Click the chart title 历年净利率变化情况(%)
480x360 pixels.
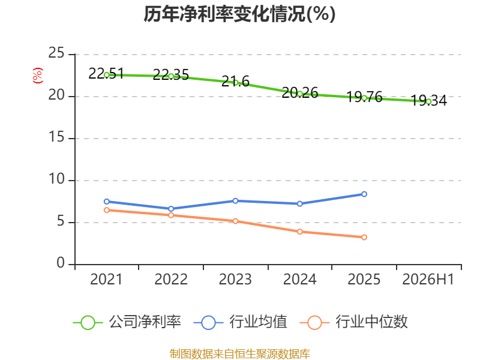tap(239, 14)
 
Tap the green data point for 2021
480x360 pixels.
tap(107, 75)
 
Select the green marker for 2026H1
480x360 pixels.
tap(428, 101)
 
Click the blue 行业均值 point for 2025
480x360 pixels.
tap(364, 194)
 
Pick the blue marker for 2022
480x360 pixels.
tap(171, 209)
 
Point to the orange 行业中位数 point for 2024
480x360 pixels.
tap(299, 232)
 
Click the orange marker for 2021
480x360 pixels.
tap(107, 210)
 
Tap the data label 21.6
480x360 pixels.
tap(235, 81)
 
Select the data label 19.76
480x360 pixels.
tap(364, 97)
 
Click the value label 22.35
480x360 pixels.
tap(171, 74)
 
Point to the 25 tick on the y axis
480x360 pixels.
tap(56, 53)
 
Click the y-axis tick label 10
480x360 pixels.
tap(56, 179)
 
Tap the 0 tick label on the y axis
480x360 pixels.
tap(61, 263)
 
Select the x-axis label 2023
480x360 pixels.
tap(235, 280)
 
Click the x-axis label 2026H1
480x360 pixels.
tap(428, 280)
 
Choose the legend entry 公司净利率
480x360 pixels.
tap(127, 322)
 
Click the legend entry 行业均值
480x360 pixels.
tap(241, 322)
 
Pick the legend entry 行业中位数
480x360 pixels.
tap(353, 322)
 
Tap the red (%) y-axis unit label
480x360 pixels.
tap(38, 76)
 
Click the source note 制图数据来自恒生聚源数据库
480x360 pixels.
tap(240, 354)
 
